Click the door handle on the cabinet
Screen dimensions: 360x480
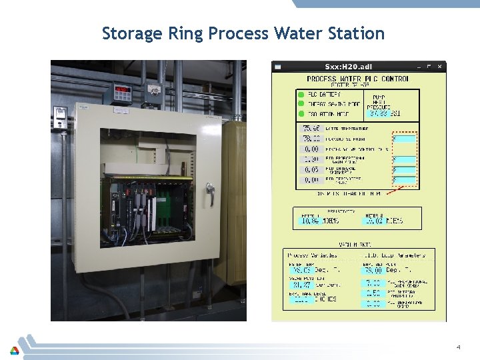click(x=211, y=194)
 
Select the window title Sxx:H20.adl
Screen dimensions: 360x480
click(x=349, y=67)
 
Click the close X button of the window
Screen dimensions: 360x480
click(x=439, y=67)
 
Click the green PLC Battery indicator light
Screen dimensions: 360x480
click(x=301, y=95)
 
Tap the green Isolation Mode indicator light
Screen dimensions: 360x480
click(x=301, y=113)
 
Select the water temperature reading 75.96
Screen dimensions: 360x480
click(x=311, y=129)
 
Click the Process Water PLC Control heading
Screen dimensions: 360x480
click(x=359, y=79)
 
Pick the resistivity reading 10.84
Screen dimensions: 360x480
click(x=309, y=221)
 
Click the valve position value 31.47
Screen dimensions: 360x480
click(x=302, y=285)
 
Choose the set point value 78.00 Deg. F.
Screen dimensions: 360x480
click(x=373, y=270)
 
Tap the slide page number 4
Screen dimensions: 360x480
click(x=459, y=347)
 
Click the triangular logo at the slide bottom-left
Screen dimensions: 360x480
click(x=14, y=350)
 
